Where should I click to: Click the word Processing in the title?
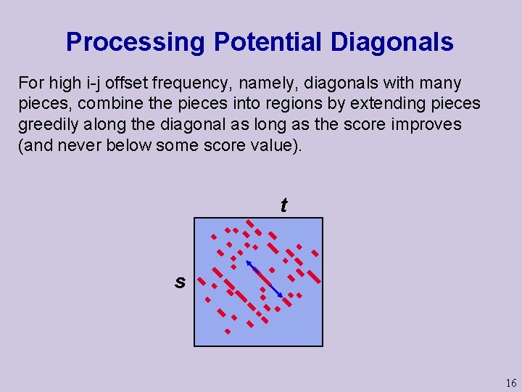pos(136,42)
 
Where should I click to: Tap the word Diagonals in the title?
pos(392,42)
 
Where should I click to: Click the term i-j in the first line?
pos(94,83)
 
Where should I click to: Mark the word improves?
pos(427,124)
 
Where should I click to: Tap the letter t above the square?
pos(283,205)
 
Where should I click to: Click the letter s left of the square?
pos(180,282)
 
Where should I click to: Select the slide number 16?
pos(511,383)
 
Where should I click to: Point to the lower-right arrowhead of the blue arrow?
pos(281,295)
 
